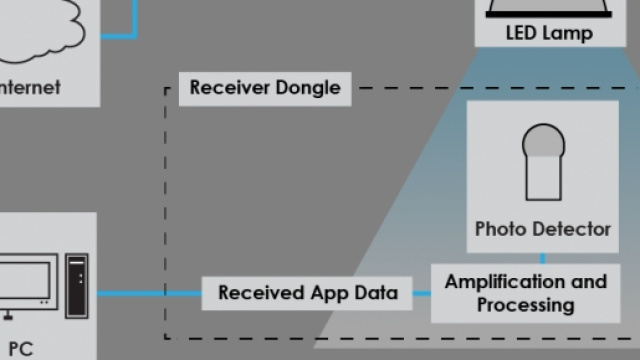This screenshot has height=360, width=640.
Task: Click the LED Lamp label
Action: point(549,33)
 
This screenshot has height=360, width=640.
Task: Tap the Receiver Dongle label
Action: point(265,88)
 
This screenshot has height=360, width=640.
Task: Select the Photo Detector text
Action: point(542,229)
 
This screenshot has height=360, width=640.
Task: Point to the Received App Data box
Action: point(308,293)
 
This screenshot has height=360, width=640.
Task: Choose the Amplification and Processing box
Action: point(525,292)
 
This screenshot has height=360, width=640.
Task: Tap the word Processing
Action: point(525,304)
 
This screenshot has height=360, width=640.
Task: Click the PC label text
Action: point(21,349)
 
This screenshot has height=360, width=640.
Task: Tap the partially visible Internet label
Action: point(30,87)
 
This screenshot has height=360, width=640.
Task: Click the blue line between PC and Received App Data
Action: point(150,293)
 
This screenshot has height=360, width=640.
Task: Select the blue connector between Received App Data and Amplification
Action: point(423,293)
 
